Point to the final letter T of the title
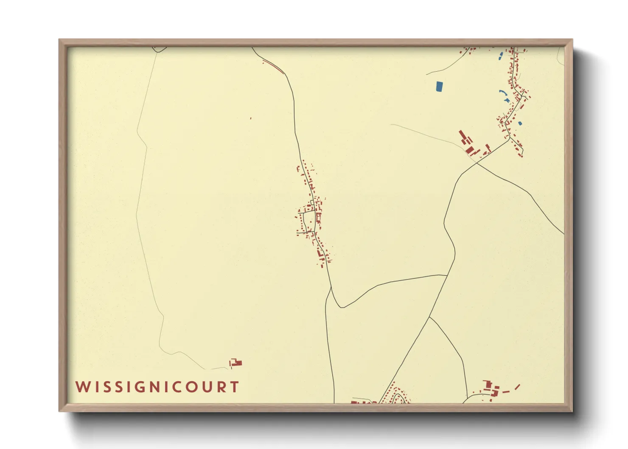234,387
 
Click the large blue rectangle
439,87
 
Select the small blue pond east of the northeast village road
520,123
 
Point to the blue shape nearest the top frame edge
501,55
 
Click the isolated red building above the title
235,363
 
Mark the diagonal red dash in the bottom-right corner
517,387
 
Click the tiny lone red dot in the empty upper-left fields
251,118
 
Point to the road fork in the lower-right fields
429,317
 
